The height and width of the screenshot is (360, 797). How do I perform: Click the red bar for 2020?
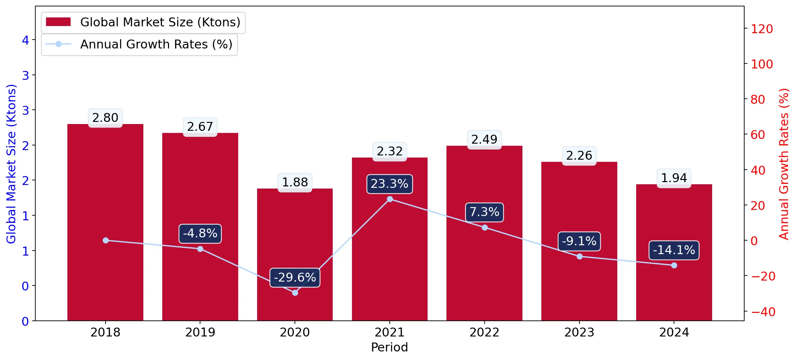pos(295,254)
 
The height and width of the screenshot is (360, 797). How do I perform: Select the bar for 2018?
pos(105,222)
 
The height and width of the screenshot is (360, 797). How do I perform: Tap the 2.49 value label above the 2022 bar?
pos(484,139)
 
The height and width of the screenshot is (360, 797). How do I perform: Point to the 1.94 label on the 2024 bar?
pos(674,178)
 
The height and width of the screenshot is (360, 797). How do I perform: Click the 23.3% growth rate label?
pos(389,184)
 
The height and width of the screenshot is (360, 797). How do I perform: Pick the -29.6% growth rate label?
pos(295,277)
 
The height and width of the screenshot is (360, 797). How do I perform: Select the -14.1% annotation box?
pos(674,250)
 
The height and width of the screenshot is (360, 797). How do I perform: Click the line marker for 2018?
pos(106,241)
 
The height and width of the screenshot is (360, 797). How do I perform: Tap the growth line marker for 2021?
pos(390,199)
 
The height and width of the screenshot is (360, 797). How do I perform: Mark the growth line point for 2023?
pos(579,256)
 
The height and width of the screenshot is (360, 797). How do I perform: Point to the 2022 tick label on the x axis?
pos(484,332)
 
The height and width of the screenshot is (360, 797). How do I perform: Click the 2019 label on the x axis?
pos(200,332)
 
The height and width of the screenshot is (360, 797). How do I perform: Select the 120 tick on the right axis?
pos(762,29)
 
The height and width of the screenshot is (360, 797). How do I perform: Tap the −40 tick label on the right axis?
pos(763,312)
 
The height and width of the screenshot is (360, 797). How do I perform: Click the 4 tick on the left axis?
pos(25,40)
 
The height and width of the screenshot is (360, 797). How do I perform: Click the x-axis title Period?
pos(389,347)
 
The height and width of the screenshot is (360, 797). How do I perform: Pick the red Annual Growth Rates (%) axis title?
pos(784,164)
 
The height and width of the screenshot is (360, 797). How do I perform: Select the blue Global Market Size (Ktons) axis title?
pos(11,164)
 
